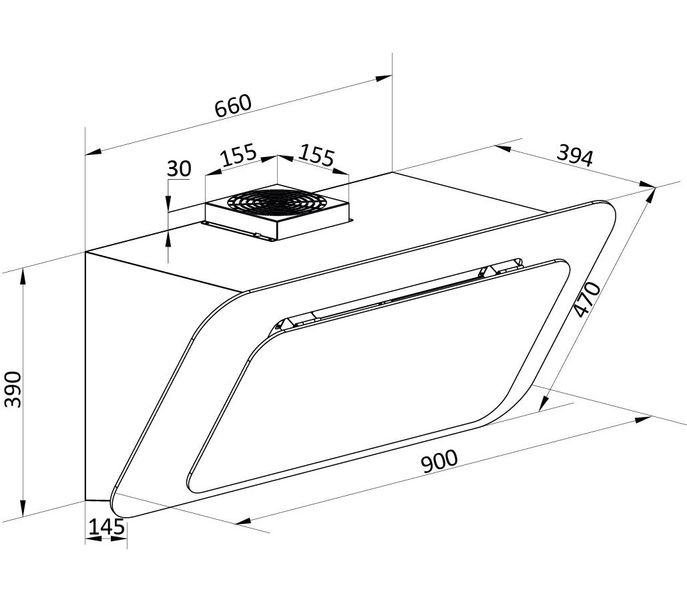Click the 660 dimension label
pos(234,106)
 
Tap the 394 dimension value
pos(575,156)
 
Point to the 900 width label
pos(439,460)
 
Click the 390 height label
pos(13,389)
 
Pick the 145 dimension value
pos(106,526)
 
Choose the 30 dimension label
pos(179,168)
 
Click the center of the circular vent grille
pos(277,203)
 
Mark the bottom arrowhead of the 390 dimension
pos(23,507)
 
